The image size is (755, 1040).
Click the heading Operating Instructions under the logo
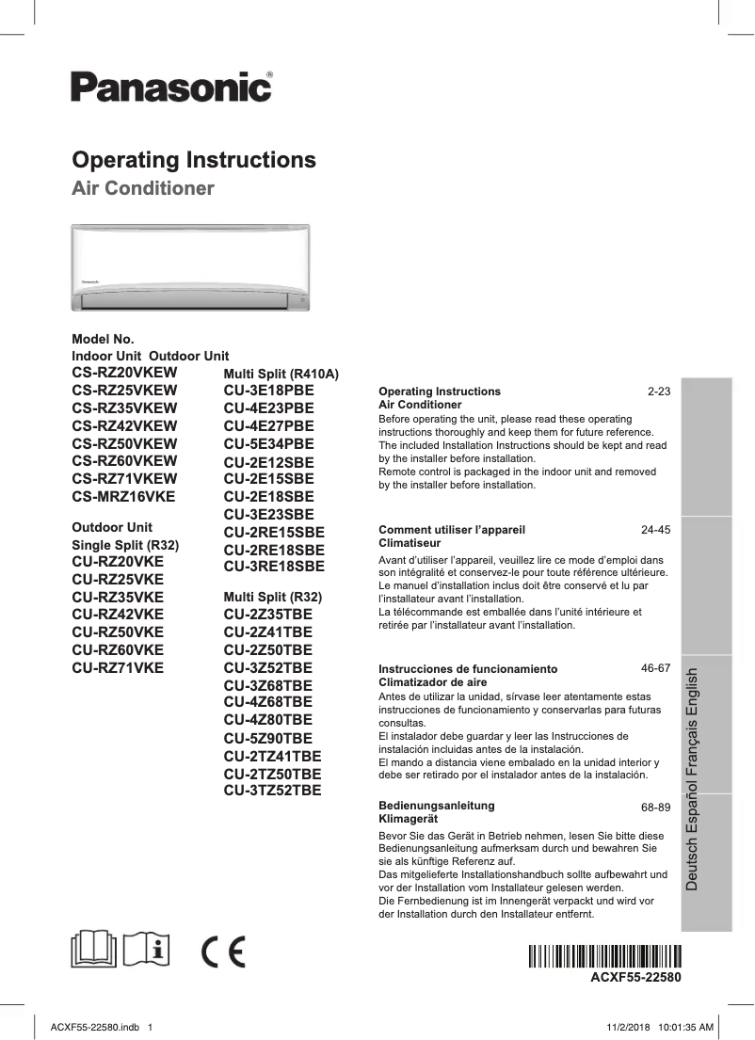pyautogui.click(x=194, y=159)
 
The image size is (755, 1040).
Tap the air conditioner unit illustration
pyautogui.click(x=191, y=267)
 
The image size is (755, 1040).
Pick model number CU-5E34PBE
pyautogui.click(x=269, y=443)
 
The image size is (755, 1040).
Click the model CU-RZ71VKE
pyautogui.click(x=118, y=667)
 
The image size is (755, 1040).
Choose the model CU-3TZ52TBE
pyautogui.click(x=273, y=790)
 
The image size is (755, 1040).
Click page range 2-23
pyautogui.click(x=658, y=391)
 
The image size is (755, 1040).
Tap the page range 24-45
pyautogui.click(x=655, y=530)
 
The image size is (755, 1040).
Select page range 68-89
pyautogui.click(x=655, y=807)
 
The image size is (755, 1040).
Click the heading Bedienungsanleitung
pyautogui.click(x=436, y=806)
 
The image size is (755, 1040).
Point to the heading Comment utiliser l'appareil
pyautogui.click(x=451, y=530)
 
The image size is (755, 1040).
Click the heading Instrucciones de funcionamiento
pyautogui.click(x=468, y=668)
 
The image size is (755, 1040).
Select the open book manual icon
pyautogui.click(x=96, y=947)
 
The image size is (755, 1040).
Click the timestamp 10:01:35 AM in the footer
pyautogui.click(x=681, y=1026)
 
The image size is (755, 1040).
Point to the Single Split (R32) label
pyautogui.click(x=125, y=545)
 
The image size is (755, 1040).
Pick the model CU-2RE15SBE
pyautogui.click(x=274, y=532)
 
